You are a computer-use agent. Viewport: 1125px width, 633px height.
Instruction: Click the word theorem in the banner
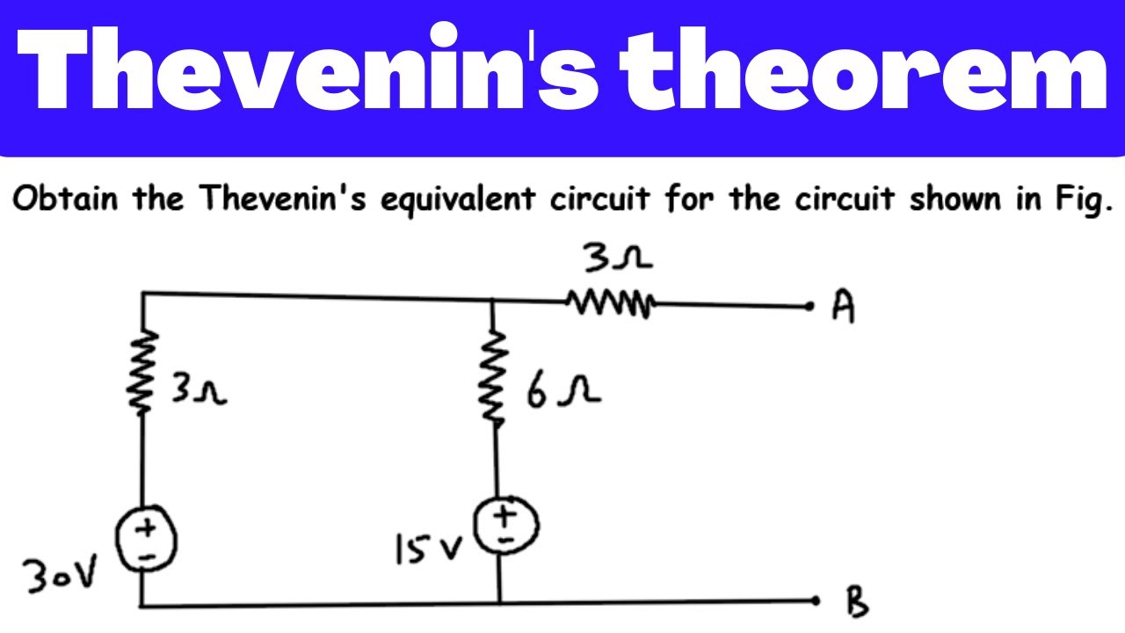[863, 69]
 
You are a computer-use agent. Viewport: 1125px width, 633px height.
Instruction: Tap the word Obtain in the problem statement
[65, 198]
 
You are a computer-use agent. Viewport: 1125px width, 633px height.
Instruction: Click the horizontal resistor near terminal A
[611, 303]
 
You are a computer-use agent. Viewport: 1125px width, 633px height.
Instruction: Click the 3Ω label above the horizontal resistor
[618, 258]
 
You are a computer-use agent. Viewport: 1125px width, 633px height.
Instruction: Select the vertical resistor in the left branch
[143, 372]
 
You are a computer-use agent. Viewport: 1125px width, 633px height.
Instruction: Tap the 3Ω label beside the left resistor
[199, 388]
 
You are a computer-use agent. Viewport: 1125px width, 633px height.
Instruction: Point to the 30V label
[59, 575]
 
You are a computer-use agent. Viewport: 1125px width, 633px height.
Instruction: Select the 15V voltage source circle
[507, 525]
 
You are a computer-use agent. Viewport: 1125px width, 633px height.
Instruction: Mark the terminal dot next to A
[809, 306]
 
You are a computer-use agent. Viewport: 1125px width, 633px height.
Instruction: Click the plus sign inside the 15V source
[504, 515]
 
